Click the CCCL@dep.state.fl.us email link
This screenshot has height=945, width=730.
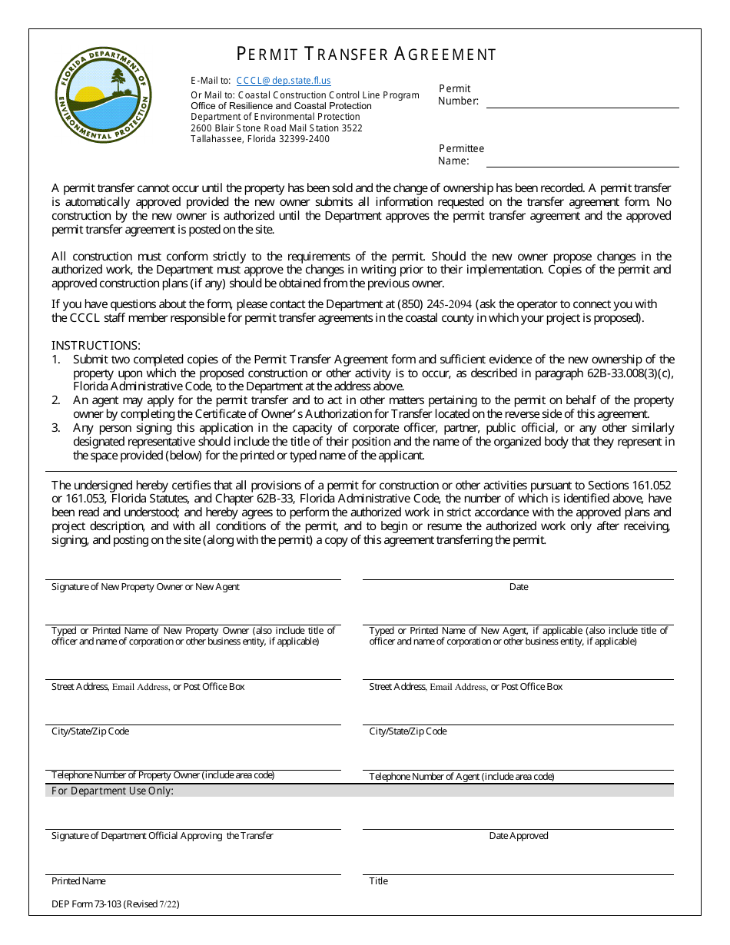(284, 81)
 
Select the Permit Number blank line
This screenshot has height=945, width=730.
(582, 101)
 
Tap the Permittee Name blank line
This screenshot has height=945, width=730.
(582, 161)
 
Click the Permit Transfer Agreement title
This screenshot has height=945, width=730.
(366, 54)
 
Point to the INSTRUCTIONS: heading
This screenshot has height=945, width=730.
(96, 346)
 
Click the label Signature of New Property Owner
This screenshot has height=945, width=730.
(145, 587)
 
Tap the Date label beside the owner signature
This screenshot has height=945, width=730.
(519, 587)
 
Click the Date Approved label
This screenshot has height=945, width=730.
(519, 836)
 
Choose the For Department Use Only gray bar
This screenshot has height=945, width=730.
(360, 791)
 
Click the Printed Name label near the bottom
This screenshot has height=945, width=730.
(78, 881)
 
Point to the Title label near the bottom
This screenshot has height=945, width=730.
(379, 881)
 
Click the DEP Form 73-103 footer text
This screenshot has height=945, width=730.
(115, 904)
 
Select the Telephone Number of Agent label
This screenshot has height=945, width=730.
(461, 777)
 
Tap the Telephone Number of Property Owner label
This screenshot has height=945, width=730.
(163, 775)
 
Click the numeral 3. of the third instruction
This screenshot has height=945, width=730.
(56, 428)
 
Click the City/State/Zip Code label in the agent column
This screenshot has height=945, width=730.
(408, 731)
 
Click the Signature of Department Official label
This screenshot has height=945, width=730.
(162, 836)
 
